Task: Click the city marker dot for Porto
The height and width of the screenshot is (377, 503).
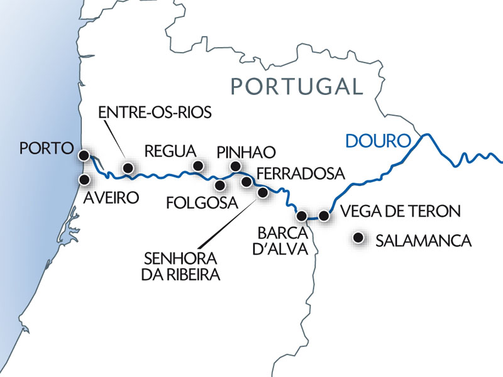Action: coord(83,155)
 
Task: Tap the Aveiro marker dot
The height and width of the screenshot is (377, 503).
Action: coord(83,179)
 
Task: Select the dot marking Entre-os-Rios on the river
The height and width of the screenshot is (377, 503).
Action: coord(128,168)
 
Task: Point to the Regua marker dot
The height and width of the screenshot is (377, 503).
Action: coord(198,166)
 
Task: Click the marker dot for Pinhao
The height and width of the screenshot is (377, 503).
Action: coord(235,166)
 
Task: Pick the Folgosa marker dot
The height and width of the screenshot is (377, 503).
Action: coord(219,185)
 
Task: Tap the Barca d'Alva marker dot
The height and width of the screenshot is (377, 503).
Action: coord(302,216)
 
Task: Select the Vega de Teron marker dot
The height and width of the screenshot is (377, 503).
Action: coord(324,216)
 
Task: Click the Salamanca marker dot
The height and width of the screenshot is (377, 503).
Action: coord(359,238)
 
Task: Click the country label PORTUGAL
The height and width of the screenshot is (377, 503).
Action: coord(296,85)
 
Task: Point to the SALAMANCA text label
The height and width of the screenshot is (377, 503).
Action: coord(423,241)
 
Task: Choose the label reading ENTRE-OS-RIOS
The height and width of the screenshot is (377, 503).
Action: coord(155,112)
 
